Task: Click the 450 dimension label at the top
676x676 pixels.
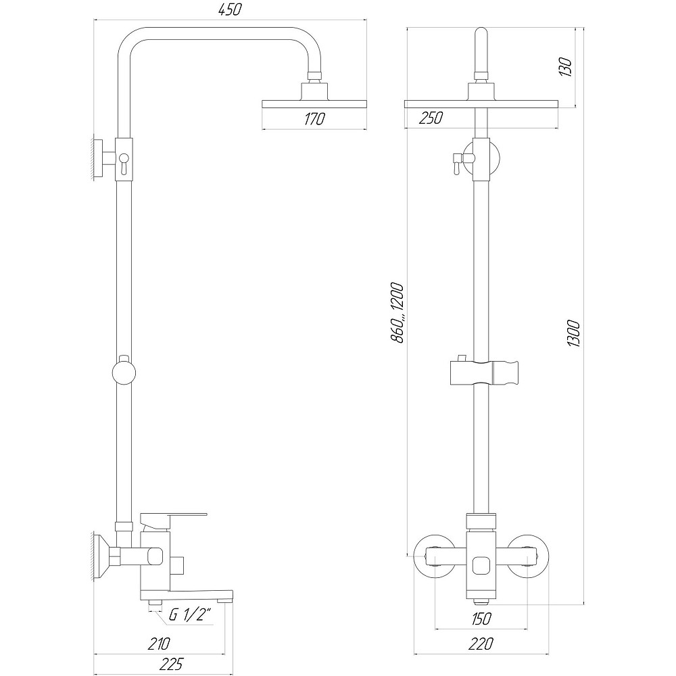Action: [229, 9]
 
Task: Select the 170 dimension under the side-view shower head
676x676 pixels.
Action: [314, 119]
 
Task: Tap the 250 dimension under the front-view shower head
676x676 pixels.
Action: [431, 118]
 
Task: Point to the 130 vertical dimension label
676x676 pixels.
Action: [566, 67]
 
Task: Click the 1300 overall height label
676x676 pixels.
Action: [573, 333]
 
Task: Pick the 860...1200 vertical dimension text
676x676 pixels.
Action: [396, 312]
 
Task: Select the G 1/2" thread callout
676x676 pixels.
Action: [191, 616]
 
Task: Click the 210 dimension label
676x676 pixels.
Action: [159, 644]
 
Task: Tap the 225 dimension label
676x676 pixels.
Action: [171, 664]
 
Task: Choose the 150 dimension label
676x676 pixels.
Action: [481, 619]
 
